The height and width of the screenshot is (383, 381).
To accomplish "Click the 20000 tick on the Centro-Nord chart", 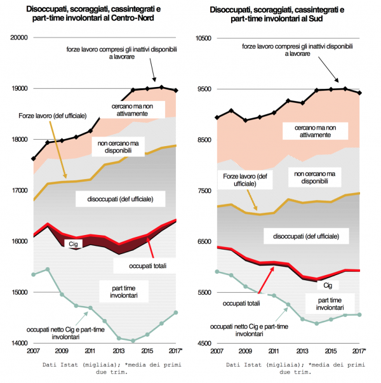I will click(x=21, y=37).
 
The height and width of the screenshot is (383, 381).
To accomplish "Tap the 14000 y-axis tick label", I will click(x=21, y=344).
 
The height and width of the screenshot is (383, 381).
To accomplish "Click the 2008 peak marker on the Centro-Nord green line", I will click(x=48, y=269).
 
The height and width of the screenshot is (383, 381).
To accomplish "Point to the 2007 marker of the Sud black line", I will click(x=218, y=118).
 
